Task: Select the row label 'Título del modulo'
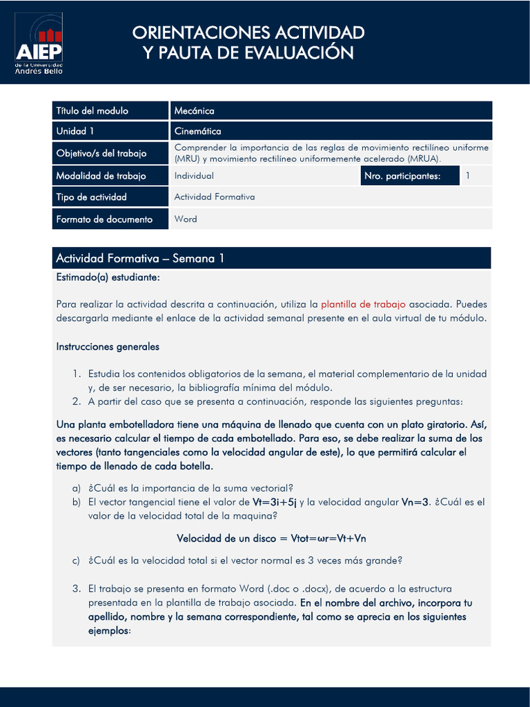point(92,110)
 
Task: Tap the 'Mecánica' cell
point(194,110)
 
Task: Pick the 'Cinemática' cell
point(197,130)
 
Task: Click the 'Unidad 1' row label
point(75,130)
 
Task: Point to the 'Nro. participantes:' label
point(402,176)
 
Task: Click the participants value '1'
point(468,176)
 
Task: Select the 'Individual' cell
point(194,176)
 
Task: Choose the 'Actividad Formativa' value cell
point(214,197)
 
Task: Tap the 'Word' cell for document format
point(185,219)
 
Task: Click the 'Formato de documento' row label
point(104,219)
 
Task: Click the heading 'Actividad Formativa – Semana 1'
point(140,259)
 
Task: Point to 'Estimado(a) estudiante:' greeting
point(108,277)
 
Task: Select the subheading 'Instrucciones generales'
point(108,347)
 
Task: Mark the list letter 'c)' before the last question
point(76,561)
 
